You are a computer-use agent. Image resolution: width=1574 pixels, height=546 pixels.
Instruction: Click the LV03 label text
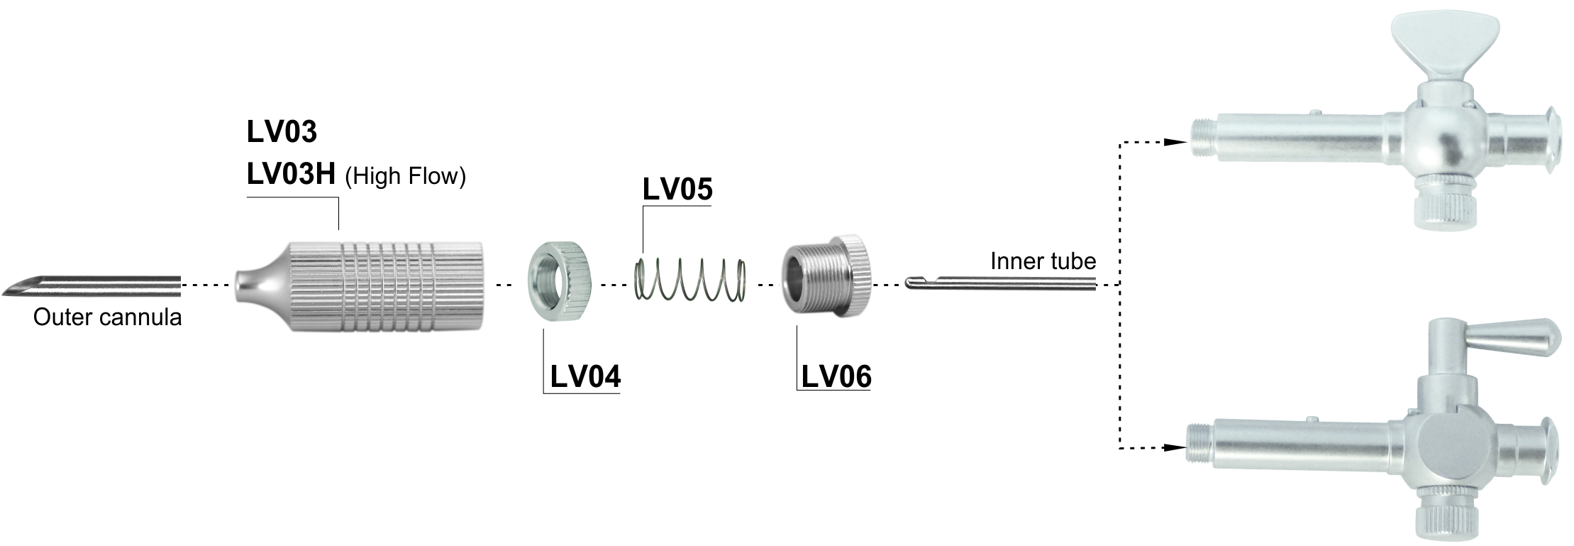(x=282, y=131)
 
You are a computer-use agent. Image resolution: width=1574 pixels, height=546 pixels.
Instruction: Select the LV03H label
(x=291, y=175)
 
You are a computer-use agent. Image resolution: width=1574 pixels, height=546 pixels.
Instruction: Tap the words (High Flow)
(x=405, y=176)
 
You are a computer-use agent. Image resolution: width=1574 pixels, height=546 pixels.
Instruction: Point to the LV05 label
(x=677, y=190)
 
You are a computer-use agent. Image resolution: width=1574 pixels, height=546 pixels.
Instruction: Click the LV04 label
(x=585, y=376)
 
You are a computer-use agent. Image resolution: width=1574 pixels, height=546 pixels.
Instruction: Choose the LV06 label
(x=836, y=376)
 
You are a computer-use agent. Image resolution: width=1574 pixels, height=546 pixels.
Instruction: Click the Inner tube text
(x=1043, y=261)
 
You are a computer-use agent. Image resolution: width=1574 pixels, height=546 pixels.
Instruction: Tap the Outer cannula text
(x=107, y=317)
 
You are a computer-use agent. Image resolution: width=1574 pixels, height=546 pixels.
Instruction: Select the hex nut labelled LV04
(x=560, y=281)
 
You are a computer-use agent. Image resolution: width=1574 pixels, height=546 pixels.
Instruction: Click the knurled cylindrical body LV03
(x=359, y=286)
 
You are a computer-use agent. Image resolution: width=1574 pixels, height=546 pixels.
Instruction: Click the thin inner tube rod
(x=1000, y=283)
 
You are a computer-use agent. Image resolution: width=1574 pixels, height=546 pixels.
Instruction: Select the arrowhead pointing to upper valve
(x=1177, y=142)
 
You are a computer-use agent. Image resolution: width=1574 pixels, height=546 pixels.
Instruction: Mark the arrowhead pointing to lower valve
(x=1175, y=448)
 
